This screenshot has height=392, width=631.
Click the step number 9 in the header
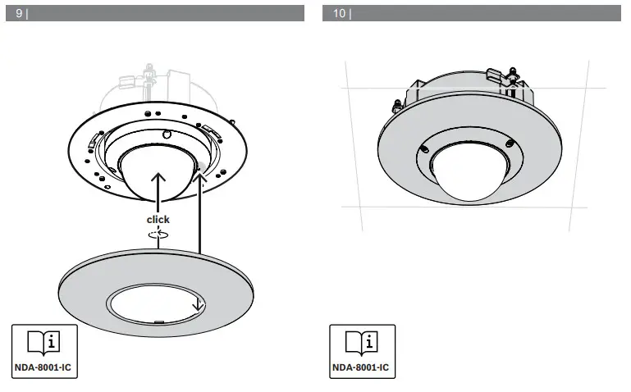(x=19, y=14)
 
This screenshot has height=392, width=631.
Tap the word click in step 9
(x=158, y=219)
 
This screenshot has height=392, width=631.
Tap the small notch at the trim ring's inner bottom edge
(x=158, y=321)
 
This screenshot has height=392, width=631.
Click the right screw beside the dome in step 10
(x=509, y=144)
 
